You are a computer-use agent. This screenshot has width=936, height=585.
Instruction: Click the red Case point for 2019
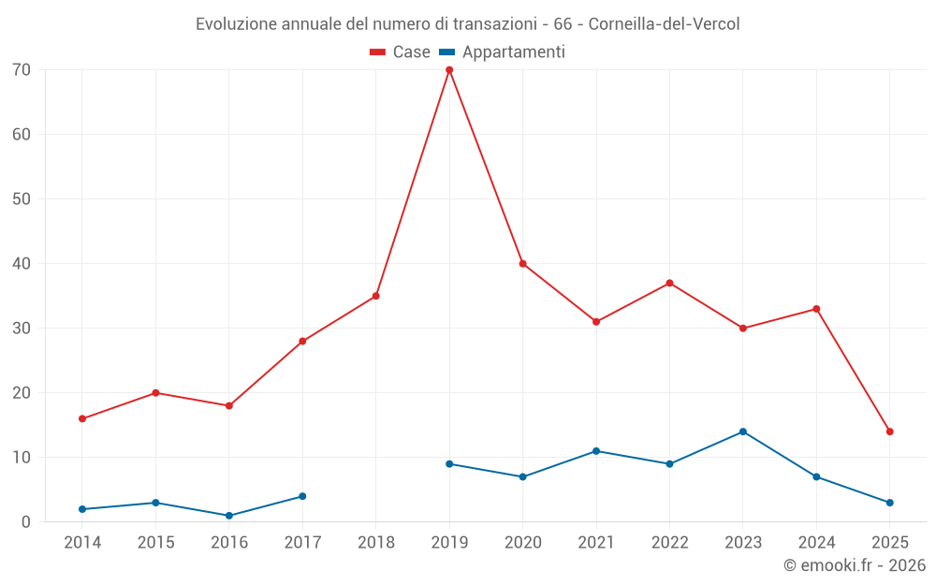[x=449, y=70]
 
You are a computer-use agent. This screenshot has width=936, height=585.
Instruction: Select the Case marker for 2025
[x=890, y=431]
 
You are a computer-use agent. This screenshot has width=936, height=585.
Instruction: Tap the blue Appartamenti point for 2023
[x=743, y=431]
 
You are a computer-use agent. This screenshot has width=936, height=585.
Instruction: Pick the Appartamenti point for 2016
[x=229, y=516]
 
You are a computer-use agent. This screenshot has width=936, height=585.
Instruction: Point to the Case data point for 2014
[x=82, y=418]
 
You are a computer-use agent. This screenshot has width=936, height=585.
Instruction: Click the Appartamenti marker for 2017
[x=302, y=496]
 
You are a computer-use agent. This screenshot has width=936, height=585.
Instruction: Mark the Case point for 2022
[x=669, y=283]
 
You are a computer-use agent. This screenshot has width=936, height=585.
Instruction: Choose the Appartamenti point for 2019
[x=449, y=464]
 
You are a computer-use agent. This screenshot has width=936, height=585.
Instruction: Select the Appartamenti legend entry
[x=503, y=52]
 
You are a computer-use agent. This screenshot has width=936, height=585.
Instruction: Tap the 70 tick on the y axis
[x=22, y=70]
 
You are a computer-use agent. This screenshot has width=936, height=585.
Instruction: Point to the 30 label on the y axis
[x=22, y=329]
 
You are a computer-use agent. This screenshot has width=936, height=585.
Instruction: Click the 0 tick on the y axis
[x=26, y=522]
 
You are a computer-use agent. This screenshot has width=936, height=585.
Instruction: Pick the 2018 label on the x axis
[x=376, y=542]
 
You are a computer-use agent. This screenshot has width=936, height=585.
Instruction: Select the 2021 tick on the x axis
[x=596, y=542]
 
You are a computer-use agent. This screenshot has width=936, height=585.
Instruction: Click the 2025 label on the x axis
[x=890, y=542]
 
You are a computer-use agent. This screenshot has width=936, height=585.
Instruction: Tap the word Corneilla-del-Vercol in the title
[x=664, y=24]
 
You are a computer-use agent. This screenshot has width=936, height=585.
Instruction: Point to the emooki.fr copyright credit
[x=855, y=565]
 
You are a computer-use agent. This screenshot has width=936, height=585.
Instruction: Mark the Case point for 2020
[x=522, y=264]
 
